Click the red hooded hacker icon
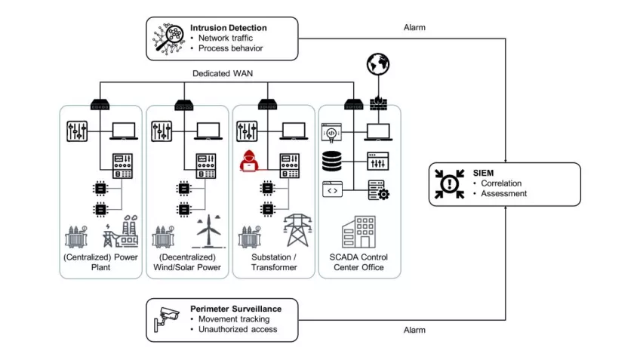coord(248,162)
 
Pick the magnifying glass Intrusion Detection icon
coord(168,37)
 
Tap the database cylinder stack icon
coord(333,161)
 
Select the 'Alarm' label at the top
coord(415,27)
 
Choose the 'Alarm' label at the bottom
coord(415,330)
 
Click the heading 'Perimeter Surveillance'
coord(235,308)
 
